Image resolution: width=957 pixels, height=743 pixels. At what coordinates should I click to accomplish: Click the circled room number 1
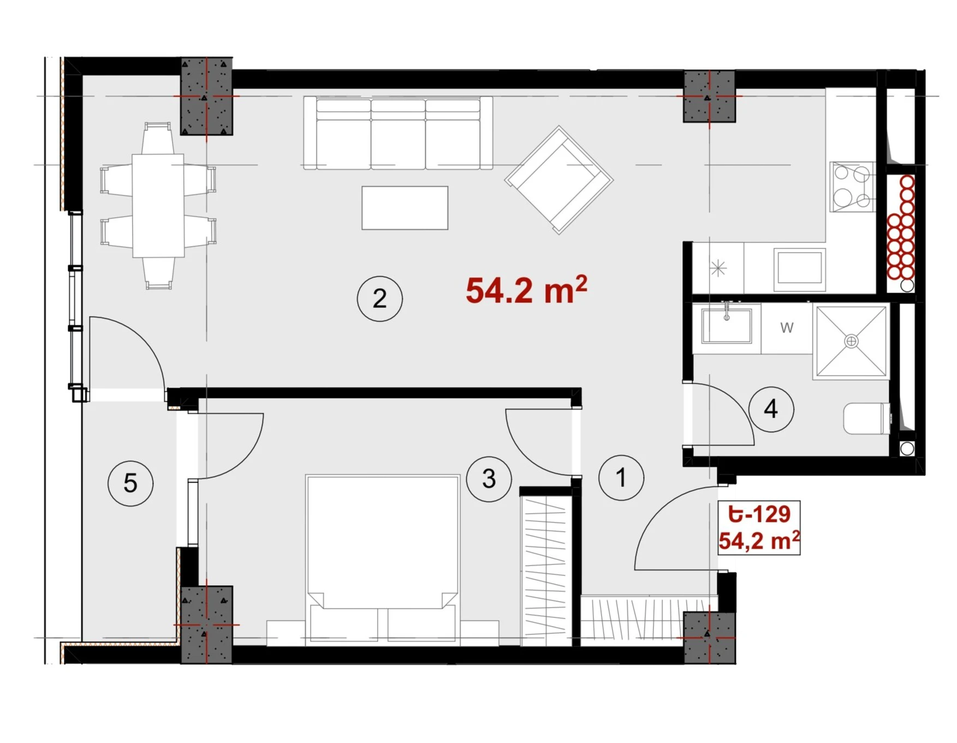[621, 478]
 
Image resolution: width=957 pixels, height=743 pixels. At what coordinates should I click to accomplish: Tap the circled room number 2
[379, 298]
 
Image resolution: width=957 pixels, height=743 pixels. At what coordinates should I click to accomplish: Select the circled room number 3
[489, 479]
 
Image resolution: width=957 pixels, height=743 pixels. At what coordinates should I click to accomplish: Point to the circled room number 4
[771, 409]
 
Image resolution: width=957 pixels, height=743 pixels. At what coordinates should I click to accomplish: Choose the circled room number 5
[130, 483]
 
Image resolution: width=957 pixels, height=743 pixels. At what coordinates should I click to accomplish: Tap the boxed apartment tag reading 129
[758, 527]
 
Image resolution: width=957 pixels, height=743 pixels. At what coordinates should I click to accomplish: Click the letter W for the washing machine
[787, 328]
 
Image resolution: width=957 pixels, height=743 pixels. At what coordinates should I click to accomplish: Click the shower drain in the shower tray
[851, 341]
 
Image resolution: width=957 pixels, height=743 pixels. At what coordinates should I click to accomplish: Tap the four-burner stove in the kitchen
[852, 187]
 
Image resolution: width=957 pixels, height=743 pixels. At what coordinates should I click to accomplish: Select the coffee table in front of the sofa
[405, 207]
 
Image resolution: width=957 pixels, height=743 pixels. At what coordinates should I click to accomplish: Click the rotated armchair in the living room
[558, 180]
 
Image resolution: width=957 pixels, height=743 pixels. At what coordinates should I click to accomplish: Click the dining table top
[158, 205]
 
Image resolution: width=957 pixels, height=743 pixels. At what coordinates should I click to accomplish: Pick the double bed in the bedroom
[382, 558]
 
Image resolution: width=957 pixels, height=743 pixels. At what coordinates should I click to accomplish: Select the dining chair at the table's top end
[158, 138]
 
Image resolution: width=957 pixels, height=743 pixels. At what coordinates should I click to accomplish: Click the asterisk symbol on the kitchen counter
[718, 268]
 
